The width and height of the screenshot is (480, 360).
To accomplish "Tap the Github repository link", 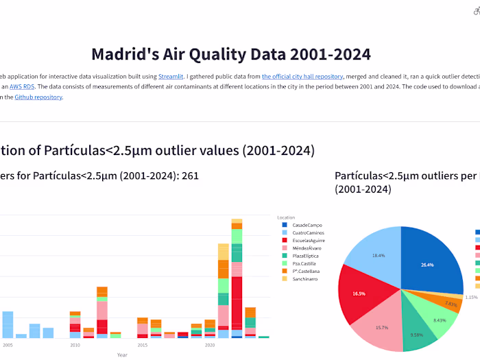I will pos(43,97).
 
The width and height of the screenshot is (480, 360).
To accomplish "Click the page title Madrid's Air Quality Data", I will pos(231,54).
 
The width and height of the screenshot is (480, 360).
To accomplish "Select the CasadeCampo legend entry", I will pos(307,225).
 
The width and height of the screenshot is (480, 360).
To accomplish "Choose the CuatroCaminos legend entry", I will pos(308,233).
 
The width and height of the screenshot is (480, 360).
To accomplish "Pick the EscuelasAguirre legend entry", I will pos(309,241).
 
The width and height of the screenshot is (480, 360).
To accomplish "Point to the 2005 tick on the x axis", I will pos(8,346).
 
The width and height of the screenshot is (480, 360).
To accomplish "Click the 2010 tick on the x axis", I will pos(75,346).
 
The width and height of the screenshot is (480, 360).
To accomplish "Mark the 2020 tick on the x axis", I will pos(211,346).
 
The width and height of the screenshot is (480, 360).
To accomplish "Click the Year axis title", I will pos(121,355).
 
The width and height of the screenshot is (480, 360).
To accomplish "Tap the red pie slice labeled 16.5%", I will pos(360,293).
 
